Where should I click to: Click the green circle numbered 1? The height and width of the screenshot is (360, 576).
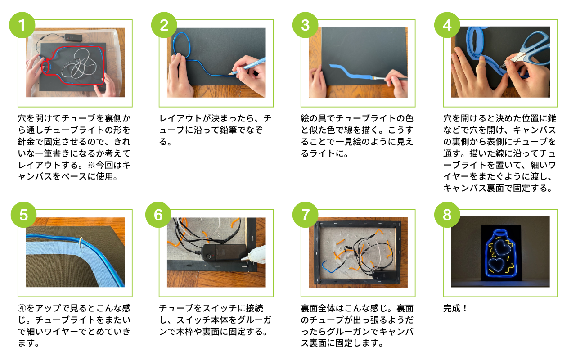(22, 25)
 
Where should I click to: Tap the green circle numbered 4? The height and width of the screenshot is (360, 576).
(447, 25)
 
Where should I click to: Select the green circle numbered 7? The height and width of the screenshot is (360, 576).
(306, 215)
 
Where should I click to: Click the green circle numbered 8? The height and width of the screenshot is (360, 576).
(447, 215)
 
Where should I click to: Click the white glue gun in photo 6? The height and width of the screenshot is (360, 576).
(253, 253)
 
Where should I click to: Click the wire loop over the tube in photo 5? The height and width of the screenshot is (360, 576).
(81, 244)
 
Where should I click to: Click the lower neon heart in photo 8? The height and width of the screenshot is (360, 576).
(496, 265)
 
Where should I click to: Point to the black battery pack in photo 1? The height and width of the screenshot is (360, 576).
(73, 37)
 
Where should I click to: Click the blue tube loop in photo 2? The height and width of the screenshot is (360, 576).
(182, 45)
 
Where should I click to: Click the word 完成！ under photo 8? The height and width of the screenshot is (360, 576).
(455, 308)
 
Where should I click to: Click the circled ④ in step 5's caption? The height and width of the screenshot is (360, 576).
(22, 308)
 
